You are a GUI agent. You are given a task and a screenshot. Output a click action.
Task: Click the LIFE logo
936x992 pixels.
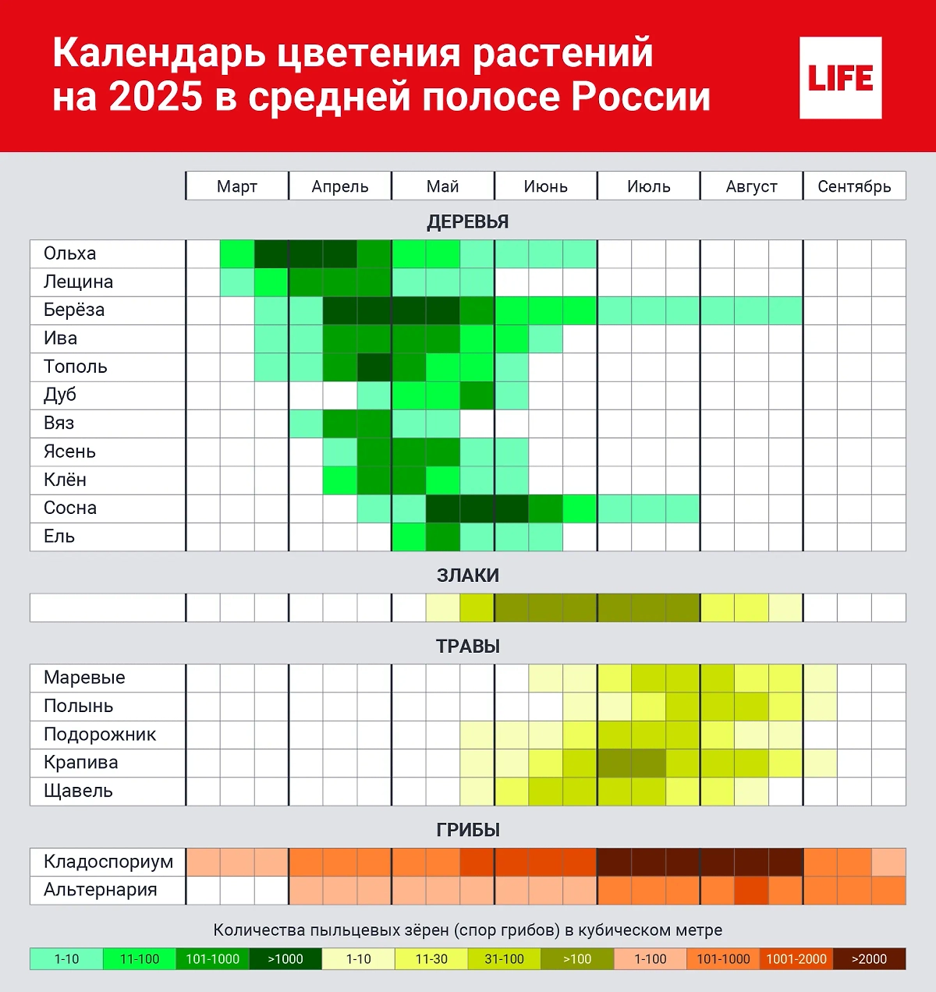click(840, 78)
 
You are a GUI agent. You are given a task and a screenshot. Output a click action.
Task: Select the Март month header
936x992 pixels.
click(237, 186)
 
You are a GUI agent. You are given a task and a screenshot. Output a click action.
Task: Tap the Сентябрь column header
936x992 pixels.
click(854, 186)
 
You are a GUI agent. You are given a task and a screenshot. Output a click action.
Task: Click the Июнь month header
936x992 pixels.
click(545, 186)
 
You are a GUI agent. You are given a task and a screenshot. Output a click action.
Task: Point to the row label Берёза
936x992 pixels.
click(74, 310)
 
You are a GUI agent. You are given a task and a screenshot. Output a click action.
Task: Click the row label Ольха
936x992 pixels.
click(70, 253)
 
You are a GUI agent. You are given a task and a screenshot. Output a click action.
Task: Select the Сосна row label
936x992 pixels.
click(70, 508)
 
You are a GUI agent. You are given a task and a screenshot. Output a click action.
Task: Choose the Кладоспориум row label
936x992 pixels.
click(108, 862)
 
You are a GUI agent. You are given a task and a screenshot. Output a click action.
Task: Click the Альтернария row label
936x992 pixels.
click(101, 890)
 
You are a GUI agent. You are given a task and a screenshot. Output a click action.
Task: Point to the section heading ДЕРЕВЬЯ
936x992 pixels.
click(468, 221)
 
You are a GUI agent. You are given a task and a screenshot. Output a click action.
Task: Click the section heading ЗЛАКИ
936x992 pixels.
click(468, 576)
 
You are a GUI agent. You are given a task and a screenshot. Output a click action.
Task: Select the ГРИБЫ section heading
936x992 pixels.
click(468, 830)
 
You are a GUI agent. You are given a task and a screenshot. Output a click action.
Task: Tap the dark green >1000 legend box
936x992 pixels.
click(285, 959)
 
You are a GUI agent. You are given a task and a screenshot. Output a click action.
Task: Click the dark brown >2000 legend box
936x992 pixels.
click(869, 959)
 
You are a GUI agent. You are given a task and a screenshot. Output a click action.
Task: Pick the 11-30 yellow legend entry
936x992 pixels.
click(431, 959)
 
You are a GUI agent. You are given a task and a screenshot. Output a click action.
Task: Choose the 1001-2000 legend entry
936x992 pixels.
click(796, 959)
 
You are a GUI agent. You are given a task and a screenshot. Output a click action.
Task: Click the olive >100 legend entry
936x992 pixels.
click(577, 959)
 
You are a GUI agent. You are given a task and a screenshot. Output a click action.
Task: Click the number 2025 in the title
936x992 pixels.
click(155, 97)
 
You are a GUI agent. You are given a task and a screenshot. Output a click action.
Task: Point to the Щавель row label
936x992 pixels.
click(78, 791)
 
